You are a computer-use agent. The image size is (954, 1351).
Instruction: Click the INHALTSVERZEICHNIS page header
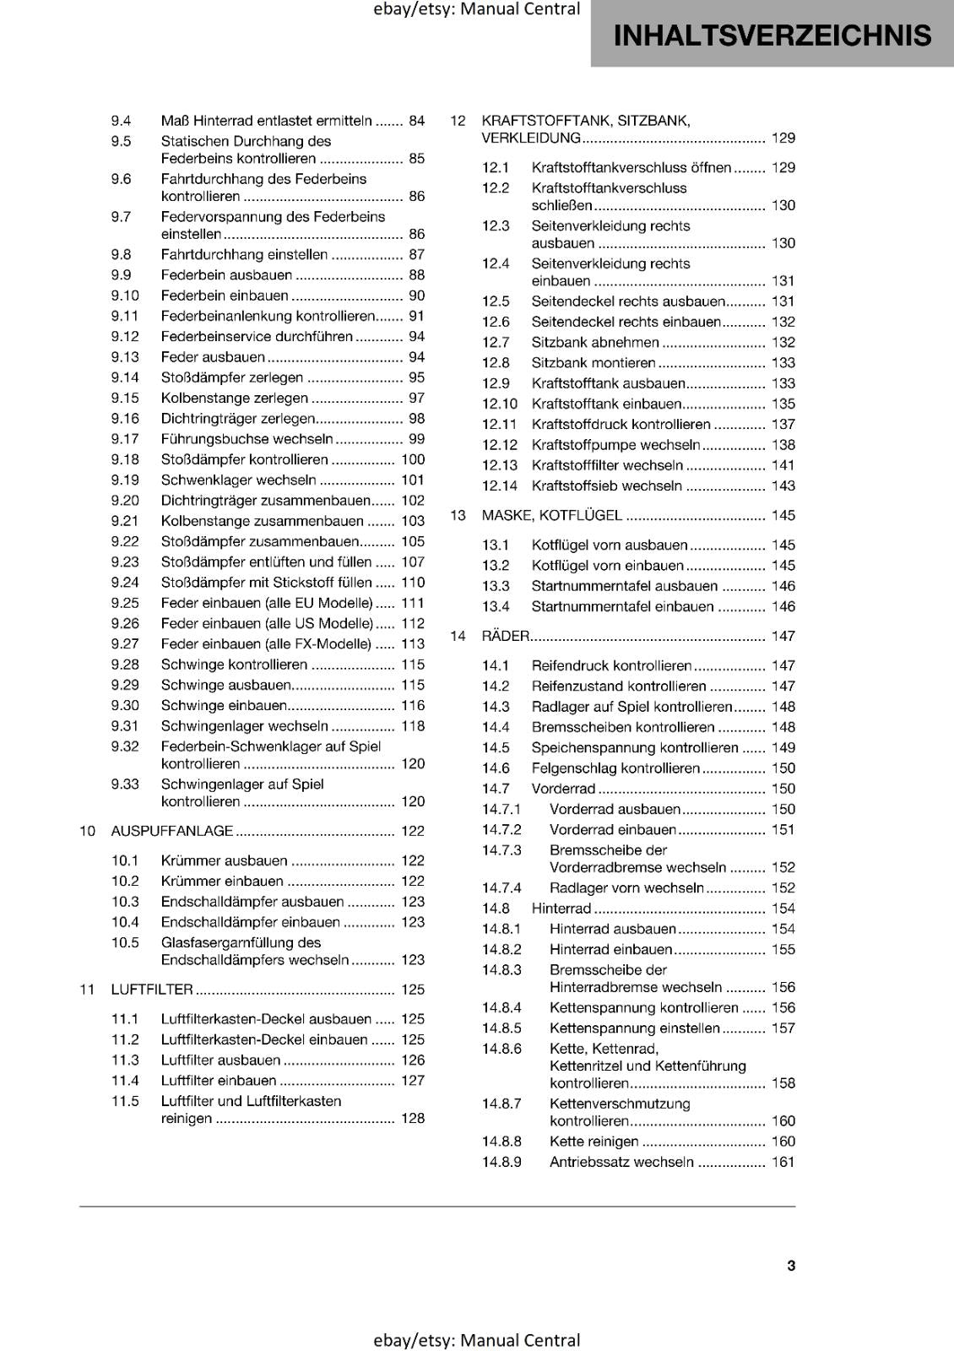coord(772,35)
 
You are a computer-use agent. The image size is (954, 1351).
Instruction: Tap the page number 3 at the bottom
coord(791,1265)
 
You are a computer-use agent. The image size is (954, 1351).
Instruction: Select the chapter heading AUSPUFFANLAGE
coord(172,831)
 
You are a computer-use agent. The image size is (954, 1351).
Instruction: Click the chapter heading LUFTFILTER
coord(152,990)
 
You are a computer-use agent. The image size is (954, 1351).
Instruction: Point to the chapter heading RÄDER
coord(505,636)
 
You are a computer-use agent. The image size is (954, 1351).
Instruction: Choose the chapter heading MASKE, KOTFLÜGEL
coord(551,515)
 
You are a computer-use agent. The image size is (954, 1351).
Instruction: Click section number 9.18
coord(125,459)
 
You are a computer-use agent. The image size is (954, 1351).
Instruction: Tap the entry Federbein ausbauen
coord(226,275)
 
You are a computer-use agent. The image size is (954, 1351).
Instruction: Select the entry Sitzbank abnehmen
coord(595,342)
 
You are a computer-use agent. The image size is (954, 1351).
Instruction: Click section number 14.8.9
coord(501,1162)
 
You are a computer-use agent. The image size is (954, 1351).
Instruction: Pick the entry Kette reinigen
coord(594,1142)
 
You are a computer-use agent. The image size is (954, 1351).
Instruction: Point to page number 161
coord(783,1162)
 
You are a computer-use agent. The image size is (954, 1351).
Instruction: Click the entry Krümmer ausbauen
coord(224,860)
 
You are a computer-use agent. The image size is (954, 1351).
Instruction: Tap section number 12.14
coord(500,486)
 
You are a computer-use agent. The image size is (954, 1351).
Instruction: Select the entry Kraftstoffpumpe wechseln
coord(615,445)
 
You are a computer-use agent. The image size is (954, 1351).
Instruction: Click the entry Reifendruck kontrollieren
coord(611,665)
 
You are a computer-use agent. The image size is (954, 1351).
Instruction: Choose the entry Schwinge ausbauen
coord(226,685)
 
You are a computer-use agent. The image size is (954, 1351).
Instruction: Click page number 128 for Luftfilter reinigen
coord(413,1118)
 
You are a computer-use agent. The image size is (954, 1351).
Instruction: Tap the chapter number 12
coord(458,121)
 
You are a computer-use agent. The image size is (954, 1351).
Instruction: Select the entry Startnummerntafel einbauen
coord(622,606)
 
